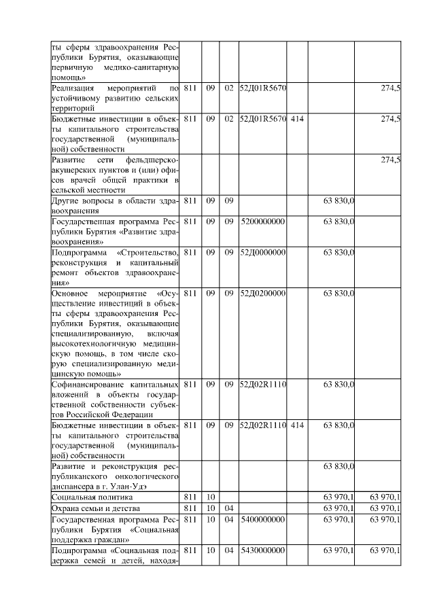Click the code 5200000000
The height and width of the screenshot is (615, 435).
(262, 222)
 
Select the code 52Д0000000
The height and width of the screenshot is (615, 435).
(262, 253)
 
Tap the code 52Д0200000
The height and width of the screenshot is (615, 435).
(262, 294)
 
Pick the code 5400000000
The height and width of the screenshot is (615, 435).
(262, 519)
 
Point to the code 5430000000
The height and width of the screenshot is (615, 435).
(262, 550)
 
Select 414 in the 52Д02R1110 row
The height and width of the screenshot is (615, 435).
(297, 425)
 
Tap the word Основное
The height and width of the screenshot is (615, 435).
(71, 294)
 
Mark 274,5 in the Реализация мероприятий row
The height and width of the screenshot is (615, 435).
(390, 88)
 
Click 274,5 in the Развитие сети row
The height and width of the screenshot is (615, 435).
(390, 160)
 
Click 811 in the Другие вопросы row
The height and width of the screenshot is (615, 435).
(190, 201)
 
